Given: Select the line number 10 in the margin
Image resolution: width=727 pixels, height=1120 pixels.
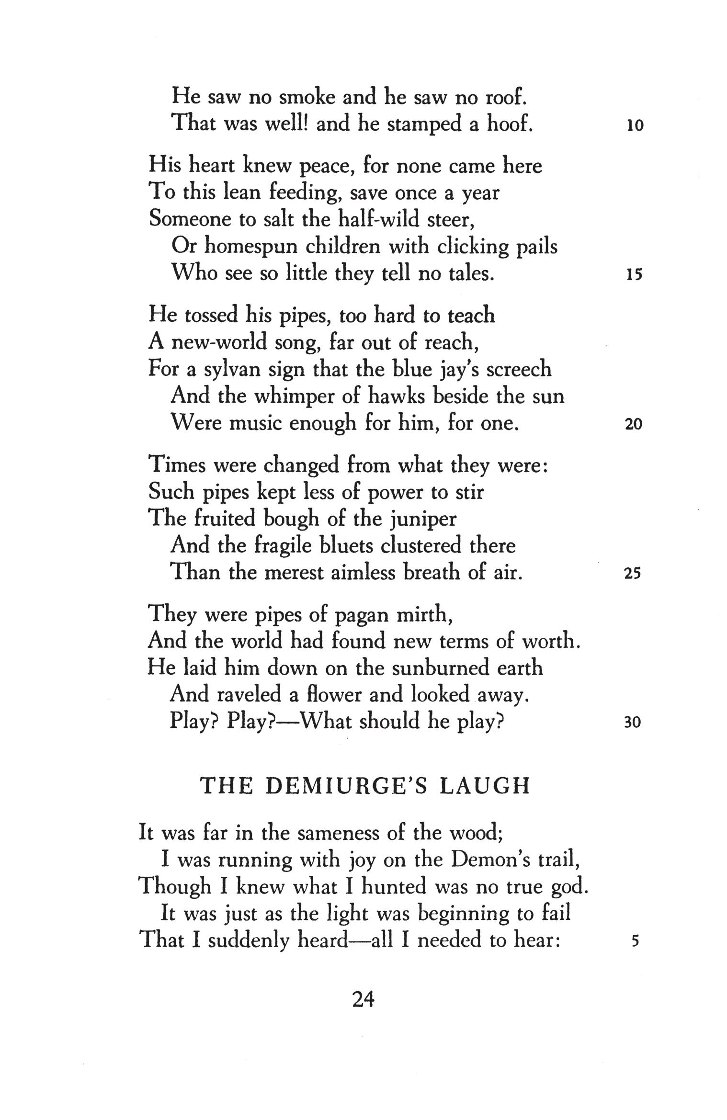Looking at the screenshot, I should click(635, 126).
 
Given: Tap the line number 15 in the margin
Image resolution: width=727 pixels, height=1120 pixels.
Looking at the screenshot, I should click(634, 275).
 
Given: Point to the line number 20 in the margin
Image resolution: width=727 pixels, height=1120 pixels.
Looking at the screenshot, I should click(634, 424).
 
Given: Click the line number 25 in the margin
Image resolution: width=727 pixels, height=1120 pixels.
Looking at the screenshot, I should click(633, 574).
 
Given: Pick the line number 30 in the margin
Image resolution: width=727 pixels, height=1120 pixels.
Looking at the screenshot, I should click(633, 723).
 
